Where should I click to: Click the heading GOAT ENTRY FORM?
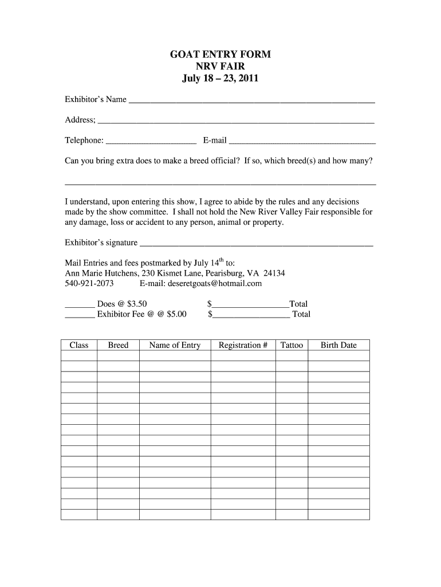(x=220, y=54)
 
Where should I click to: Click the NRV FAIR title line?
(x=220, y=66)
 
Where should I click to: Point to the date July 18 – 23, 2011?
(x=220, y=79)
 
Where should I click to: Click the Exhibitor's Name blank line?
(x=252, y=101)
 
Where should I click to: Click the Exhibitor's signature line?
(x=256, y=244)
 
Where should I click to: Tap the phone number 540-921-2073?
(x=89, y=283)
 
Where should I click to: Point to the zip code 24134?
(x=274, y=273)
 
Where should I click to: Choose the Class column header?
(x=79, y=345)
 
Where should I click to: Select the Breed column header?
(x=118, y=345)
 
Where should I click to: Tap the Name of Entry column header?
(x=175, y=345)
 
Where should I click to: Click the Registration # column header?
(x=243, y=345)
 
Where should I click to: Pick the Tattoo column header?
(x=292, y=345)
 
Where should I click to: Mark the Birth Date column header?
(x=338, y=345)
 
